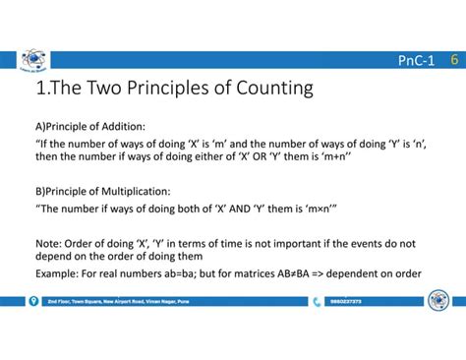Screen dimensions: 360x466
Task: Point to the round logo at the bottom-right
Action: click(x=437, y=299)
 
